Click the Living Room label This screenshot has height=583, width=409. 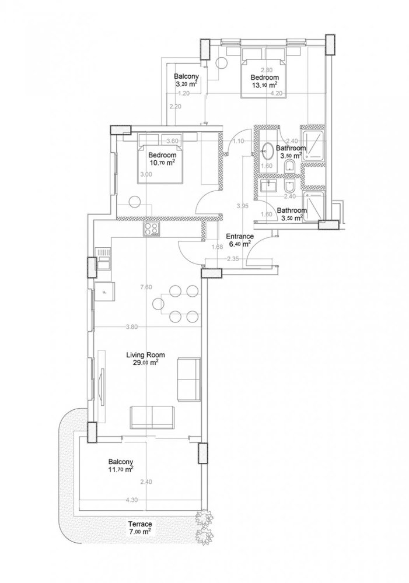(x=146, y=354)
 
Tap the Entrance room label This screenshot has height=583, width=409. (x=240, y=237)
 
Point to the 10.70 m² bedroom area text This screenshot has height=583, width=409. (x=162, y=163)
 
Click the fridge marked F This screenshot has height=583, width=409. (x=105, y=290)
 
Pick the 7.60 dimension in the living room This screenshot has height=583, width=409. (x=147, y=287)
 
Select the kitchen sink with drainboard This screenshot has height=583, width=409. (x=103, y=258)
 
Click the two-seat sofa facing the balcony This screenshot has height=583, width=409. (x=152, y=417)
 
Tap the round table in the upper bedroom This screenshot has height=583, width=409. (x=222, y=64)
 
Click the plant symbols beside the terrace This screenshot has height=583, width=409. (x=204, y=526)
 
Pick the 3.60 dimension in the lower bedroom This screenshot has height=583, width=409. (x=172, y=141)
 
